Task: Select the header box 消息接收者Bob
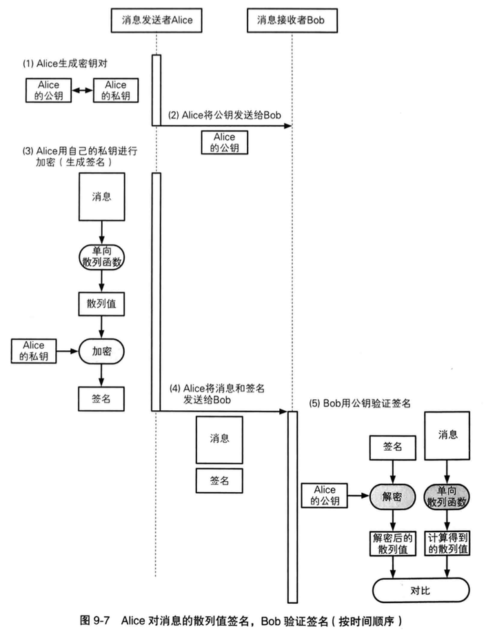(292, 21)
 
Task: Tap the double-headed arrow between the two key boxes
(83, 91)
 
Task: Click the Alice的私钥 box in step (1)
(116, 90)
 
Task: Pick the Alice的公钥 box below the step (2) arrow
(224, 143)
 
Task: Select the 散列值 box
(102, 303)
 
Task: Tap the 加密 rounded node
(102, 350)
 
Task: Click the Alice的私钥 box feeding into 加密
(34, 350)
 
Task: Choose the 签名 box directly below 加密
(102, 398)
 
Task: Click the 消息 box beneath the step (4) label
(219, 438)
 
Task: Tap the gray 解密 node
(392, 495)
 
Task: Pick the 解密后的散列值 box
(392, 543)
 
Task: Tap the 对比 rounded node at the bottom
(420, 590)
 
